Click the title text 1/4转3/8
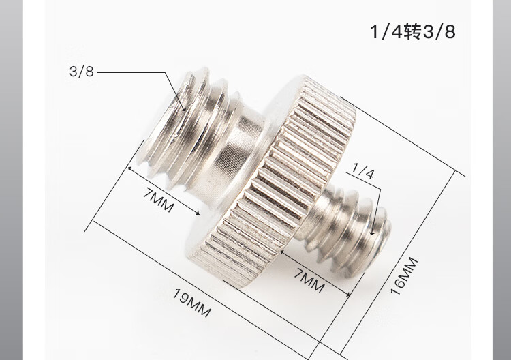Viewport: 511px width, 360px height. click(x=413, y=32)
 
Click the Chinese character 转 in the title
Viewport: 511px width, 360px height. click(x=413, y=32)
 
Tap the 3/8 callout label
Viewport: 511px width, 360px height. click(x=82, y=72)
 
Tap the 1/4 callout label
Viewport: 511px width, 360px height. click(x=363, y=171)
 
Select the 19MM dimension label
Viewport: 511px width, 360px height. click(x=191, y=303)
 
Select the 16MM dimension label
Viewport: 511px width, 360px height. click(x=404, y=276)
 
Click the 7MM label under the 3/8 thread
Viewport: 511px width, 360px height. click(x=158, y=200)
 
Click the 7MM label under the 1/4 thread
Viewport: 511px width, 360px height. click(x=309, y=280)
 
